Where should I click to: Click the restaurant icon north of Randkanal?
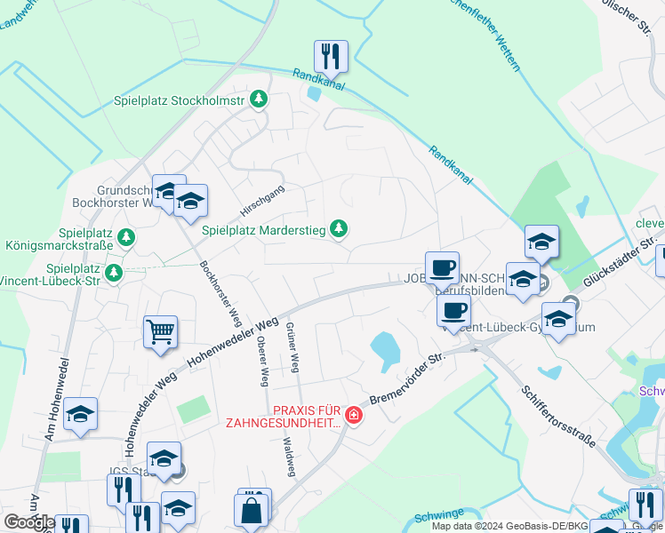point(331,56)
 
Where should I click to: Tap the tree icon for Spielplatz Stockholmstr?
point(258,99)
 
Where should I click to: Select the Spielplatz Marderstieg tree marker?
point(338,229)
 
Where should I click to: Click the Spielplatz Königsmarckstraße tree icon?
point(127,237)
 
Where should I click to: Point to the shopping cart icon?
point(160,332)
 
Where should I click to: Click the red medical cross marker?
point(354,415)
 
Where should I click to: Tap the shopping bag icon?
point(252,511)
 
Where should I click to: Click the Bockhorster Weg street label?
point(220,292)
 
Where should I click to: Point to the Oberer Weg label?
point(262,361)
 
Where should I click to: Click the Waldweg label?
point(288,457)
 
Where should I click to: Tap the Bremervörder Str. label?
point(406,378)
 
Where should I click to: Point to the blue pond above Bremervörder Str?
point(385,350)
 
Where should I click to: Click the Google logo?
point(28,522)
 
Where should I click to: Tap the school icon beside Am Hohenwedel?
point(80,414)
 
